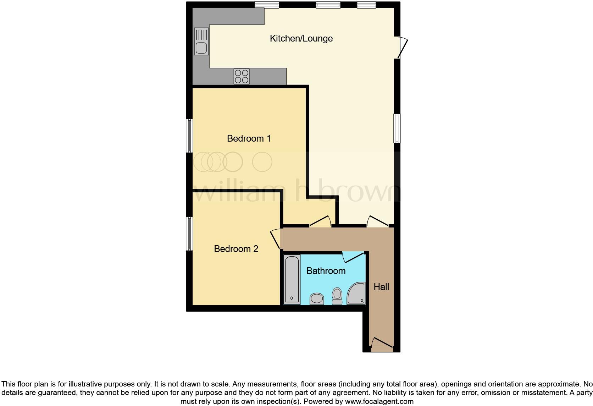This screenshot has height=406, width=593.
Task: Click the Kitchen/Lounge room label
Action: [301, 38]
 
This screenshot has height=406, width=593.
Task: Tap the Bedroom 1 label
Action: [249, 138]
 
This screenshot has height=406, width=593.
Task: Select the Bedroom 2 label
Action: [236, 249]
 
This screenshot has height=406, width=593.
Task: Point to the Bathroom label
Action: [326, 271]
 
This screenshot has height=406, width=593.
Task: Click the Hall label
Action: [381, 287]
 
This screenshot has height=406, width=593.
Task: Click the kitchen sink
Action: [201, 42]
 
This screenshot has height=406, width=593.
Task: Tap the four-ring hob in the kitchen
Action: [242, 76]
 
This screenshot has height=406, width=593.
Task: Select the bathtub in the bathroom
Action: [292, 279]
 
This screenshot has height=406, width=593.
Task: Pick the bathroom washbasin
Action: [317, 299]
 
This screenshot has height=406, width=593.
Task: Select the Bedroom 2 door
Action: [276, 239]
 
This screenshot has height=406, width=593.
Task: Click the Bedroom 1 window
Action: [190, 136]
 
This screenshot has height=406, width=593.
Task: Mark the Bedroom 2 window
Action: [190, 234]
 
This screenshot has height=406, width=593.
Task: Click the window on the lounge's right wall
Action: [397, 128]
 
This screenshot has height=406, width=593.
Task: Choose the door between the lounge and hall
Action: [377, 221]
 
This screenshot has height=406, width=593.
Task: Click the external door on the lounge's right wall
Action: [402, 47]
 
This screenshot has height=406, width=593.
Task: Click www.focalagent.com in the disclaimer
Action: [379, 402]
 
